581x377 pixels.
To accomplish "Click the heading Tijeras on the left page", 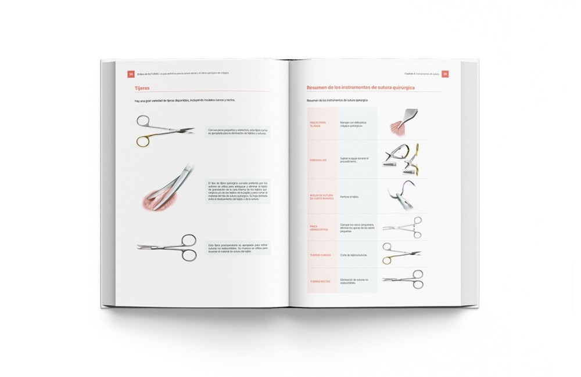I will click(142, 88).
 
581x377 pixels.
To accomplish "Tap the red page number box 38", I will click(131, 74).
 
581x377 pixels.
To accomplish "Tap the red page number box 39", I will click(445, 74).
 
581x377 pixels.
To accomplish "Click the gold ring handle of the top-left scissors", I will click(143, 140).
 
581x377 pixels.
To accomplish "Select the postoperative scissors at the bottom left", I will click(168, 249).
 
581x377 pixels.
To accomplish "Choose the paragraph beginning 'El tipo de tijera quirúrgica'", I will click(237, 191).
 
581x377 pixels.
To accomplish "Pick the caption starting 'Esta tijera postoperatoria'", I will click(237, 249).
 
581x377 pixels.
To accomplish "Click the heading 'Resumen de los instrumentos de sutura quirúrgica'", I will click(364, 88).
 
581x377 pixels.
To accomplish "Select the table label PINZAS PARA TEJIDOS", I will click(318, 124).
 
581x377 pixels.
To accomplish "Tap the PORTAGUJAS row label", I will click(318, 159).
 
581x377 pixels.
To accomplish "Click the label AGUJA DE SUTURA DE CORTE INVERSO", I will click(321, 197).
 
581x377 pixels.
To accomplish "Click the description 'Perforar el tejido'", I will click(350, 197).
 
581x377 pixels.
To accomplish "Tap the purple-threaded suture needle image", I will click(401, 195).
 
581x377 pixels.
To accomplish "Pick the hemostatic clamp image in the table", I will click(402, 227).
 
